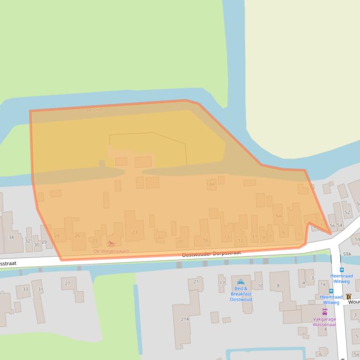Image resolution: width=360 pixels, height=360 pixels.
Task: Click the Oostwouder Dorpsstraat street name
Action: pos(211,253)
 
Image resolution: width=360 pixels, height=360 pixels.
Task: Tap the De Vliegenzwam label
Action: pos(111,251)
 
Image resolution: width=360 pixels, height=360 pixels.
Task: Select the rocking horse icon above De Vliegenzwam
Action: pos(111,244)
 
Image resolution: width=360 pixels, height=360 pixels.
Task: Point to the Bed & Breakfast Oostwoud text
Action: pos(241,294)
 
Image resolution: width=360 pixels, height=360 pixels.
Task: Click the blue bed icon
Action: pos(241,282)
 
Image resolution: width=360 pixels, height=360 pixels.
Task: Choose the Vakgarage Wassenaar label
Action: pos(324,322)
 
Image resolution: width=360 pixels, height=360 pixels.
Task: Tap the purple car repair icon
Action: pos(324,311)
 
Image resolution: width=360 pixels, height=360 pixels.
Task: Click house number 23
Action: pos(135,232)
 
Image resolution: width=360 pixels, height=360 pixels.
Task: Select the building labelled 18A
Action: pos(211,185)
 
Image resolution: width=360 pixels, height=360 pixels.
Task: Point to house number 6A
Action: pos(279,216)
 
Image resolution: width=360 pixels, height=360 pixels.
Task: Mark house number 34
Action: pos(12,238)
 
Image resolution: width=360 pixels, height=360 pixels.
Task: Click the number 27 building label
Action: pos(68,283)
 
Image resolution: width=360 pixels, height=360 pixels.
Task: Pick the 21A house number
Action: pos(185,319)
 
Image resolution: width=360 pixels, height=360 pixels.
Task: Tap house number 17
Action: pos(222,283)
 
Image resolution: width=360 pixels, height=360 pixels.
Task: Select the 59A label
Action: pos(347,254)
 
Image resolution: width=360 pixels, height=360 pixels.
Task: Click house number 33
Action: pos(25,289)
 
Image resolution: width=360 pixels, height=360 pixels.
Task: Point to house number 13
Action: pos(227,238)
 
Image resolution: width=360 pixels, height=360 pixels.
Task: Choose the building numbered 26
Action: pos(77,236)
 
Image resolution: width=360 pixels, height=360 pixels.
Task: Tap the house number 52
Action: pos(347,212)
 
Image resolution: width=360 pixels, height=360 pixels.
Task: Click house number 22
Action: pos(160,237)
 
